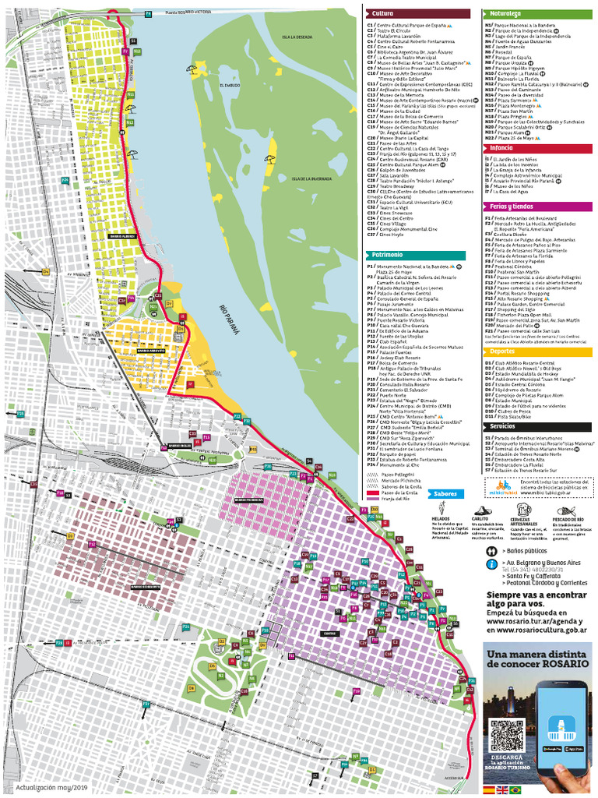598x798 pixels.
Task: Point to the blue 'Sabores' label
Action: (445, 493)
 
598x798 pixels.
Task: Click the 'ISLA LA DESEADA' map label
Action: (297, 37)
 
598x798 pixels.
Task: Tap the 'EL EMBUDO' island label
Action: (230, 86)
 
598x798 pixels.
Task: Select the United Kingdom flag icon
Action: (501, 789)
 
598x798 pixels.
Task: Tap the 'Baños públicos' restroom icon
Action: (492, 549)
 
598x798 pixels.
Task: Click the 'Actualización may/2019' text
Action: (47, 788)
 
